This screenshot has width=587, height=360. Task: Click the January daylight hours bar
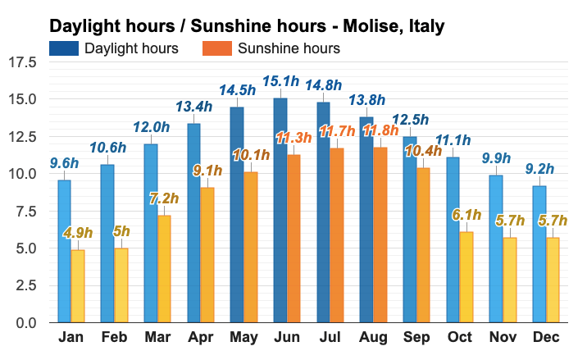point(64,251)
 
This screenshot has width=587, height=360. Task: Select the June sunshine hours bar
point(293,238)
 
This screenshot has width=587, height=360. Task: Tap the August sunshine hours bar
point(380,235)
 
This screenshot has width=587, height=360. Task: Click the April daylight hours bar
point(193,222)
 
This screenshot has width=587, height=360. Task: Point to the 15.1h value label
point(280,81)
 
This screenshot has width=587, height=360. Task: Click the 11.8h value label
point(381,130)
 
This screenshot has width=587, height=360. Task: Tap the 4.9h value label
point(78,233)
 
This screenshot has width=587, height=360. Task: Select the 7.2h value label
point(165,198)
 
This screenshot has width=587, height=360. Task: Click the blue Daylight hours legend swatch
point(63,48)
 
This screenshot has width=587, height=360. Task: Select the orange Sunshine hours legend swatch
point(216,48)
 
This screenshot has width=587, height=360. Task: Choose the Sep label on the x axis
point(416,339)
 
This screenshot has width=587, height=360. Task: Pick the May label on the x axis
point(243,339)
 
